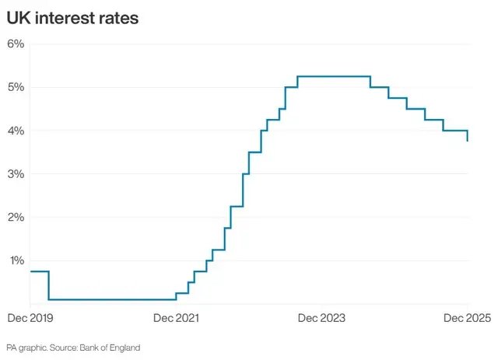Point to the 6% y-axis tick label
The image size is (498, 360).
(x=16, y=44)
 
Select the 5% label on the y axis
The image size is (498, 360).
(x=16, y=87)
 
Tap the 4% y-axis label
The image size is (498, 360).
(x=16, y=131)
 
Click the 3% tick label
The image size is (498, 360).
(x=16, y=174)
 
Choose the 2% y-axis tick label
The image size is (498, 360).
(x=16, y=218)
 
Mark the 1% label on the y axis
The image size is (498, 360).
(x=16, y=261)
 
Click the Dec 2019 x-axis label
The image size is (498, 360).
(x=28, y=318)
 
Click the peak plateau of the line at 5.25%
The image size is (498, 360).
(x=333, y=76)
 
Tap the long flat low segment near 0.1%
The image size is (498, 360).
(x=113, y=299)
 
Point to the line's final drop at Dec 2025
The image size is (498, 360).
(x=467, y=136)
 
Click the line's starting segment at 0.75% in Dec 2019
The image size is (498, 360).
(x=39, y=271)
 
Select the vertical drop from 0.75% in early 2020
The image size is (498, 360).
(x=49, y=285)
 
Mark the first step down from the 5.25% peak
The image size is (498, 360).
(x=370, y=82)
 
